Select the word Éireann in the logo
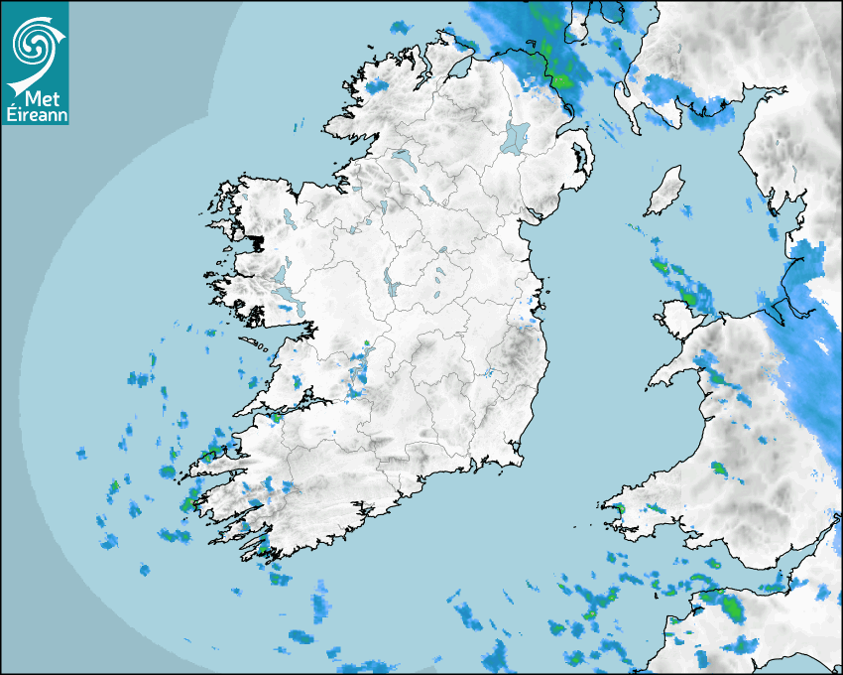(x=35, y=115)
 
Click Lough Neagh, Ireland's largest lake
(x=516, y=136)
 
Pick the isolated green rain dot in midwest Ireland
(x=366, y=343)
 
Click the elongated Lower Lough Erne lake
(x=403, y=158)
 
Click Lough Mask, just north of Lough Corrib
(x=280, y=273)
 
